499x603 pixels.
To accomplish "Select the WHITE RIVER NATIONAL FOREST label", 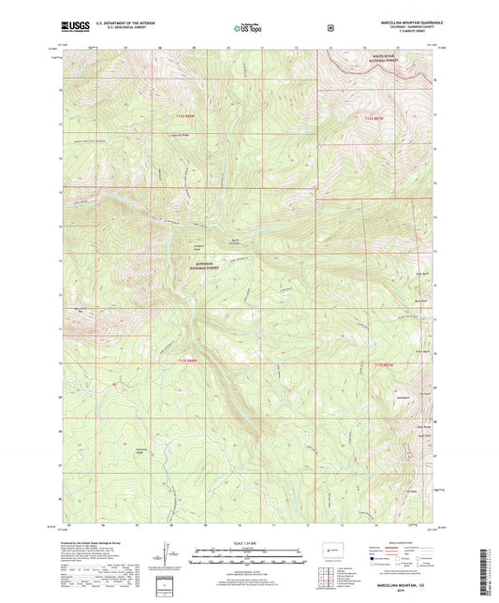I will tap(385, 59).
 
